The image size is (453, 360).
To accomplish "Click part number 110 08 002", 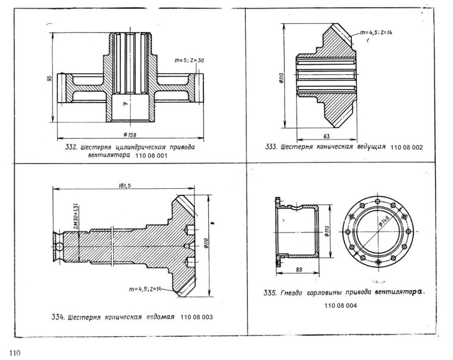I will point(407,147).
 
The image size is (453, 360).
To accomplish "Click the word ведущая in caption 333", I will point(371,147).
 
